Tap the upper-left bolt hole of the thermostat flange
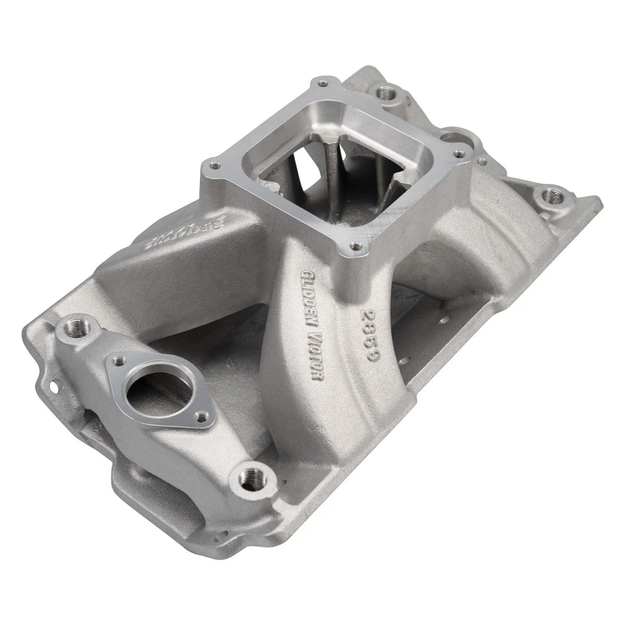(x=120, y=360)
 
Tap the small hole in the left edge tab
(x=53, y=387)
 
